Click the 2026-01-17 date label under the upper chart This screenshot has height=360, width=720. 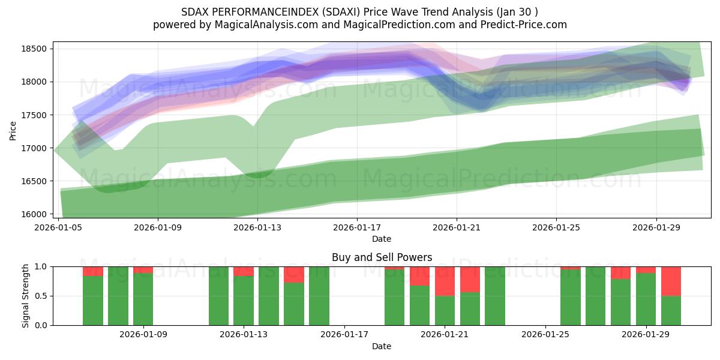[x=357, y=227]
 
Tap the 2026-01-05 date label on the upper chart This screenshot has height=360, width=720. [x=59, y=227]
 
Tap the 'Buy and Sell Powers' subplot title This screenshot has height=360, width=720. [x=382, y=257]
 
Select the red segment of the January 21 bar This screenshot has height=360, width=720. [x=445, y=281]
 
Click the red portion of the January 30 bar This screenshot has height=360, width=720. [x=671, y=281]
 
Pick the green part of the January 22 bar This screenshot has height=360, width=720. [x=470, y=309]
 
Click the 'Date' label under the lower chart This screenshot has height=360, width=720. [x=382, y=346]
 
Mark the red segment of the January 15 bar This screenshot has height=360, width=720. [x=294, y=274]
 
